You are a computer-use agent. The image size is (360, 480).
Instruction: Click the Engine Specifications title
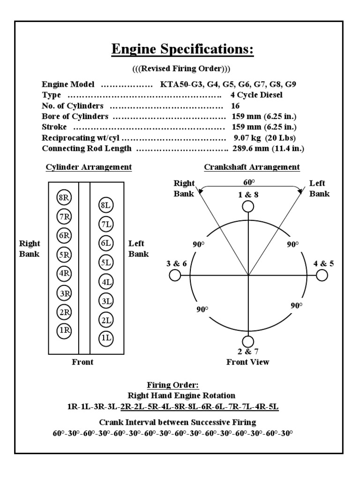click(x=182, y=49)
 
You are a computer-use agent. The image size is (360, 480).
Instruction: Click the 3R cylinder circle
click(x=64, y=293)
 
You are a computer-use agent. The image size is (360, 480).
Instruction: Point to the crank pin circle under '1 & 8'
click(x=248, y=206)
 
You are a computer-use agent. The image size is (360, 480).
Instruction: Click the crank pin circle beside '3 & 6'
click(x=174, y=276)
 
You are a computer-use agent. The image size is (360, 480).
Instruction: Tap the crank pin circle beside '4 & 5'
click(x=322, y=276)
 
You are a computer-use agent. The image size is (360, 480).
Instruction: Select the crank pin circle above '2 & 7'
click(x=248, y=341)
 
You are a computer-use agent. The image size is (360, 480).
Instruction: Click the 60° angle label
click(x=248, y=182)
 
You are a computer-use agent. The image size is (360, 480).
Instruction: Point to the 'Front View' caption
click(x=248, y=362)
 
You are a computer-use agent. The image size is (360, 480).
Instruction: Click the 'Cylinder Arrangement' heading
click(x=89, y=167)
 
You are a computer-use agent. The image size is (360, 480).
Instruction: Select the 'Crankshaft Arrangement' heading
click(x=252, y=167)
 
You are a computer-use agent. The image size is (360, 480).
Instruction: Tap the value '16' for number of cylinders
click(x=235, y=106)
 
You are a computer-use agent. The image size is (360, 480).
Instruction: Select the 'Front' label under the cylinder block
click(x=82, y=362)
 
